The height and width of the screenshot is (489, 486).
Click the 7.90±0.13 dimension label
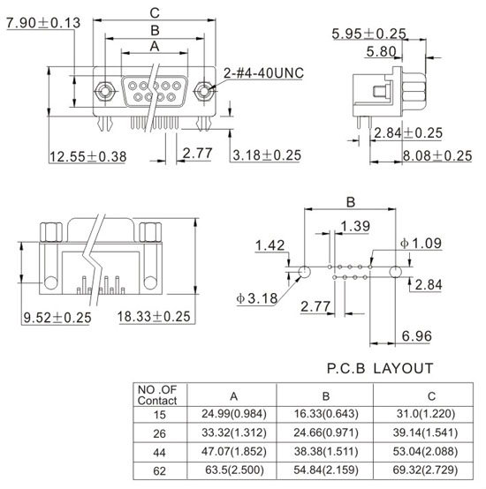pos(43,23)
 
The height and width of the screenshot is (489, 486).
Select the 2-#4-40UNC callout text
pos(263,73)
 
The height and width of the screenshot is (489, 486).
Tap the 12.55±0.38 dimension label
pos(88,156)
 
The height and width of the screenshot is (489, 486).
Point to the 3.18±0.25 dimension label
pos(267,155)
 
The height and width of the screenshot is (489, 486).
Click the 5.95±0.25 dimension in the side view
pos(369,34)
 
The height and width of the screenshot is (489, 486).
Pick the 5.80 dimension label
pos(381,51)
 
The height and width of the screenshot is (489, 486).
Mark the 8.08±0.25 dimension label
pos(437,156)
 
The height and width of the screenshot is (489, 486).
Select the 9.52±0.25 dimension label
pos(57,318)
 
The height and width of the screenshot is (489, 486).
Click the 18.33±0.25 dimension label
pos(154,317)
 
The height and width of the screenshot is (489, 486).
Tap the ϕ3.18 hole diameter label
pos(257,298)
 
